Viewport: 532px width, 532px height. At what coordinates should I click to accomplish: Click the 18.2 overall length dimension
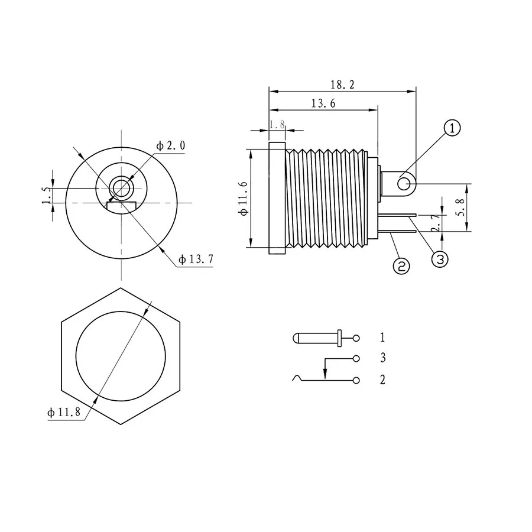pyautogui.click(x=343, y=85)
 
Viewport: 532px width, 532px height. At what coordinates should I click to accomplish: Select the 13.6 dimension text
pyautogui.click(x=323, y=103)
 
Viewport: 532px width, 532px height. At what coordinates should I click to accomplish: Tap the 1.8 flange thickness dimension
pyautogui.click(x=277, y=125)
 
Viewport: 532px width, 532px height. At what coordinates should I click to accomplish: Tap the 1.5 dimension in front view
pyautogui.click(x=46, y=196)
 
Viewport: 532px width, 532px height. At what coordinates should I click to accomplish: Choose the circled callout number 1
pyautogui.click(x=452, y=128)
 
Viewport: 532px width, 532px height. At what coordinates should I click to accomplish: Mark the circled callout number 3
pyautogui.click(x=440, y=259)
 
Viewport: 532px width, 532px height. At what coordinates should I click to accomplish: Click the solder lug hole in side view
pyautogui.click(x=404, y=184)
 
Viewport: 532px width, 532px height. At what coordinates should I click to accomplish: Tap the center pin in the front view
pyautogui.click(x=122, y=189)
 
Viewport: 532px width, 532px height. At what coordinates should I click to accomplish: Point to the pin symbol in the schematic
pyautogui.click(x=316, y=338)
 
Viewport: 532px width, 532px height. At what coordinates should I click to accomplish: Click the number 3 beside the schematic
pyautogui.click(x=382, y=358)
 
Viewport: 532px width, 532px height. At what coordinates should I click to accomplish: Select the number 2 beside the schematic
pyautogui.click(x=382, y=379)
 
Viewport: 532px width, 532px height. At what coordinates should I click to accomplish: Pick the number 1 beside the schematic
pyautogui.click(x=382, y=338)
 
